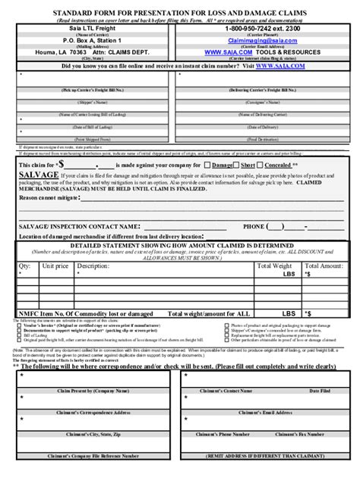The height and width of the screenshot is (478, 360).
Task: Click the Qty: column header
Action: (x=24, y=266)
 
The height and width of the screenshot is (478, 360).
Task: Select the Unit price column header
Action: (x=56, y=266)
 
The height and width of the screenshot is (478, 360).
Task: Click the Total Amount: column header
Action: (x=322, y=266)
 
